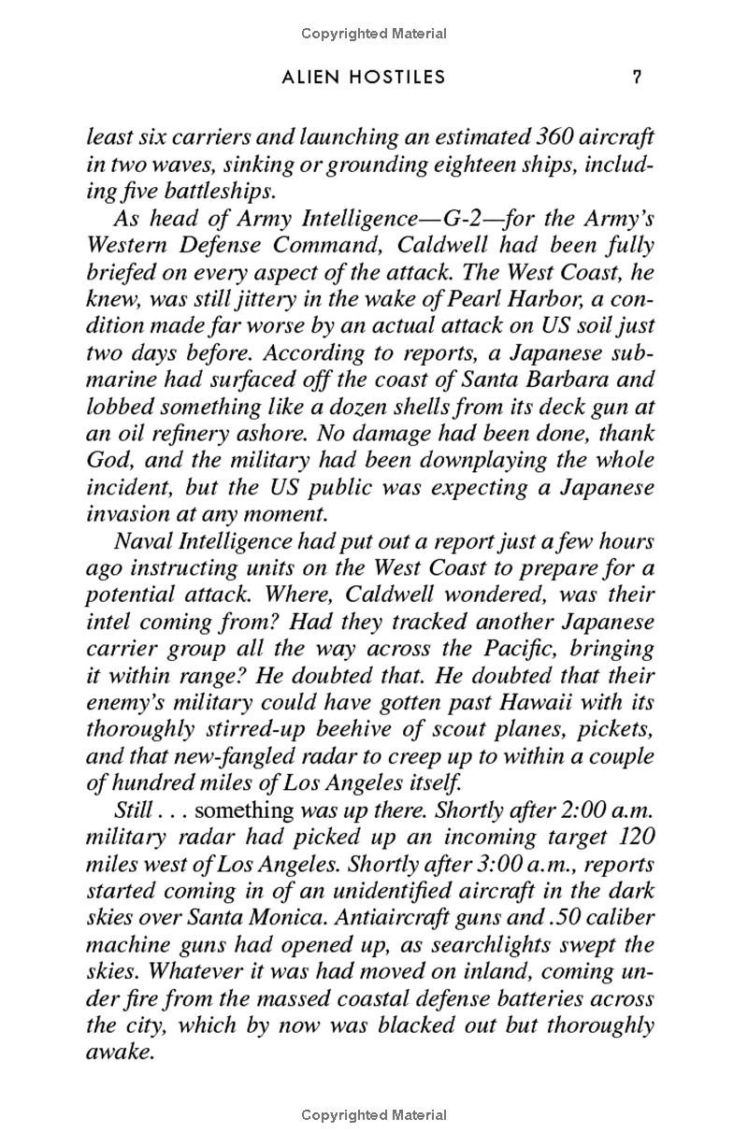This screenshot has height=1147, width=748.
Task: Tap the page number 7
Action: point(637,78)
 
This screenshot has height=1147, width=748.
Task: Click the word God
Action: point(107,461)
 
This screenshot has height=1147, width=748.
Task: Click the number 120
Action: point(636,837)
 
